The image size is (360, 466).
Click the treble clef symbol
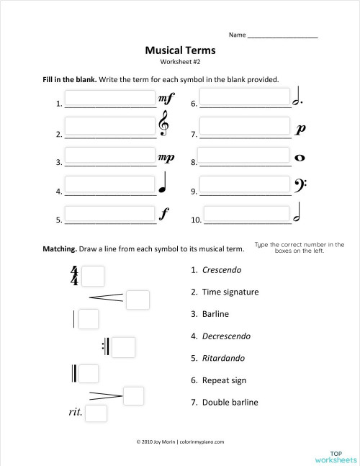tap(163, 123)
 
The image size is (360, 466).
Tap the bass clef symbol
tap(300, 186)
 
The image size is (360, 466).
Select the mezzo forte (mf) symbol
tap(166, 99)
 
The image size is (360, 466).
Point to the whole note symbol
tap(300, 158)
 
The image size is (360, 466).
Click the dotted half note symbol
tap(297, 96)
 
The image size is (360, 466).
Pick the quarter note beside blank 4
tap(163, 182)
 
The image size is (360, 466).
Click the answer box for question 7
tap(245, 125)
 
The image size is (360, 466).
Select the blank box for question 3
tap(110, 155)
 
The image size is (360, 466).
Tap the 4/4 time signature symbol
tap(74, 276)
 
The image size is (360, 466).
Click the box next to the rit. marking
tap(96, 413)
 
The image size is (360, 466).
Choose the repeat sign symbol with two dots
tap(106, 346)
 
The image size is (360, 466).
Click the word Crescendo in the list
tap(222, 270)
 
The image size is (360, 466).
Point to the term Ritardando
tap(223, 358)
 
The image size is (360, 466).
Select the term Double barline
tap(230, 402)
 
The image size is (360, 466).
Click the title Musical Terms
tap(180, 50)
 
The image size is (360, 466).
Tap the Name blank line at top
tap(283, 37)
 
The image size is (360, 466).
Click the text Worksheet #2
tap(180, 62)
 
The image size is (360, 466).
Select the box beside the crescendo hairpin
tap(138, 300)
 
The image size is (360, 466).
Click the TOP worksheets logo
tap(336, 457)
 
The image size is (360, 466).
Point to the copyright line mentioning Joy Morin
tap(180, 442)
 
